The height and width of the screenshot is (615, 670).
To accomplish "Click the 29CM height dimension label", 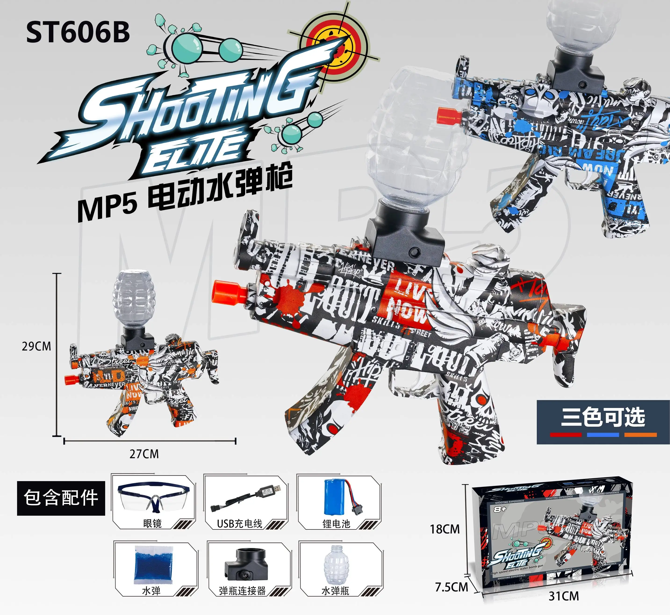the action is pyautogui.click(x=37, y=346).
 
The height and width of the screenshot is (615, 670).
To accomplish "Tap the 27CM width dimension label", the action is pyautogui.click(x=144, y=454).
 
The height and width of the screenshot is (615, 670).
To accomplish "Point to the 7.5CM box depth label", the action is pyautogui.click(x=452, y=587).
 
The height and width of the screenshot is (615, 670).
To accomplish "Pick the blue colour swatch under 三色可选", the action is pyautogui.click(x=603, y=435).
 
